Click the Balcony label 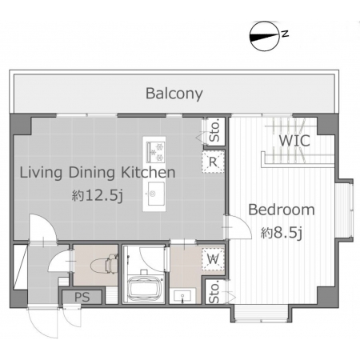pos(174,94)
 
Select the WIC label pos(294,141)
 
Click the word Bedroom pos(282,210)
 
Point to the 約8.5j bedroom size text pos(282,233)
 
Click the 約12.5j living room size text pos(98,196)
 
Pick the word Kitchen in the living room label pos(148,173)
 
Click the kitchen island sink pos(156,194)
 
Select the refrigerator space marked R pos(213,162)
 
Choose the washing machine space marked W pos(213,259)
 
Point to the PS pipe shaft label pos(82,297)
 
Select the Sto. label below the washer pos(214,293)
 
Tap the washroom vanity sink pos(182,296)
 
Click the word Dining pos(92,173)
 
